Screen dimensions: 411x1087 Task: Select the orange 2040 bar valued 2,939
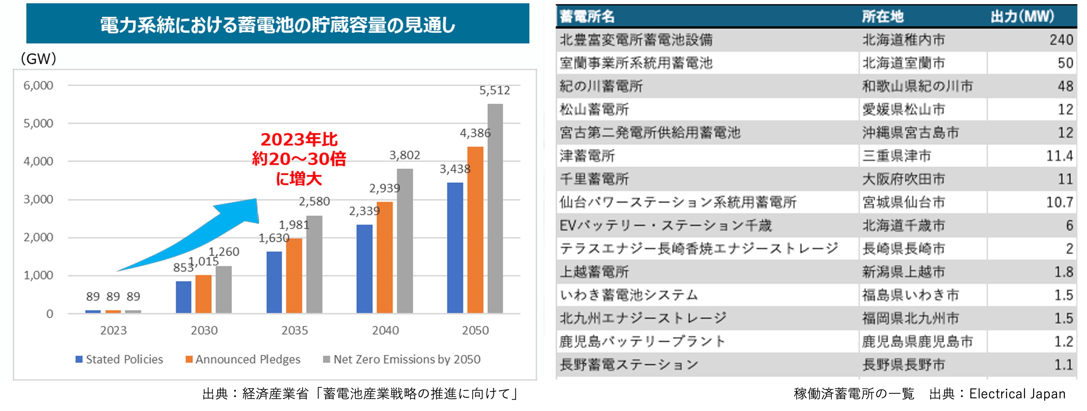click(x=384, y=257)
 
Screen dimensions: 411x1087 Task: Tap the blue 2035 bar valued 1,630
click(x=274, y=282)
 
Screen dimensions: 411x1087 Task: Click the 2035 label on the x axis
click(x=295, y=330)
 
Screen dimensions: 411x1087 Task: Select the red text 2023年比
click(x=299, y=140)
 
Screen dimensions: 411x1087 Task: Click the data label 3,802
click(x=404, y=155)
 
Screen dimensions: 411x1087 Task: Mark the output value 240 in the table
click(x=1061, y=40)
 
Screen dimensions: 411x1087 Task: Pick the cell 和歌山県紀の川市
click(x=917, y=86)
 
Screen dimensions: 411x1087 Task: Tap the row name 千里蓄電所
click(x=594, y=179)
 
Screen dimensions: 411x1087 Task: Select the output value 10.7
click(x=1059, y=203)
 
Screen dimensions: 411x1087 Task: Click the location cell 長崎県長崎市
click(x=903, y=249)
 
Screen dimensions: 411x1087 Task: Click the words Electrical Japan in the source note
click(x=1017, y=394)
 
